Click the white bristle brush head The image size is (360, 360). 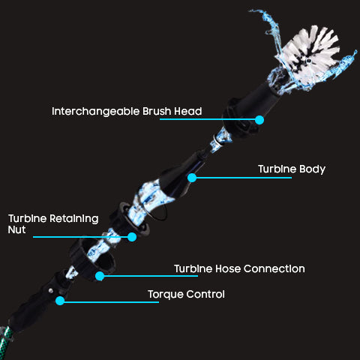pos(310,52)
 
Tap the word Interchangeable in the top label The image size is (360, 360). pos(95,112)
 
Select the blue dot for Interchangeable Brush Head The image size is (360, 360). pos(259,120)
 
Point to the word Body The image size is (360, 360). pos(312,169)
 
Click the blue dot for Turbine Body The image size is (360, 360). pos(192,178)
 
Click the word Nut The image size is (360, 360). pos(16,229)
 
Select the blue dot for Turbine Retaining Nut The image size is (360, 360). pos(132,237)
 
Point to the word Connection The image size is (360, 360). pos(274,268)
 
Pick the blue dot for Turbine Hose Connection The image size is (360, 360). pos(100,276)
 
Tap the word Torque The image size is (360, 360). pos(166,295)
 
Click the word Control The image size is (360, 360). pos(205,294)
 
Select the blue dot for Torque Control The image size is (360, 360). pos(60,301)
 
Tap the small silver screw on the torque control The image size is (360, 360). pos(51,290)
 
